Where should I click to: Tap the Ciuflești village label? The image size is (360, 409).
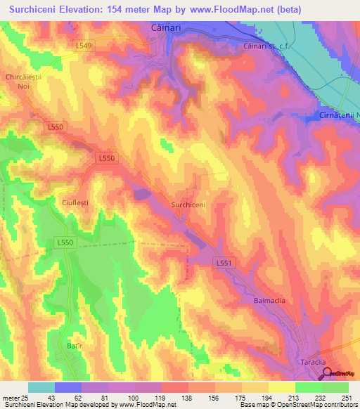click(x=75, y=205)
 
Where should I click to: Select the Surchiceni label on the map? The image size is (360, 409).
click(x=188, y=204)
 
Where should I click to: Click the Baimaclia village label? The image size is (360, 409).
click(x=269, y=301)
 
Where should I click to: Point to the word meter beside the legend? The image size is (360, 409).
click(x=11, y=398)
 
